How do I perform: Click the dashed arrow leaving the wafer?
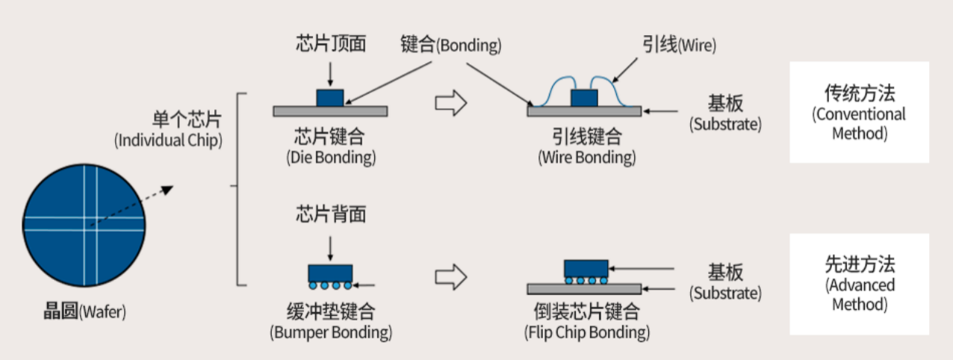coord(131,206)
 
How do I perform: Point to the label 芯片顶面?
coord(330,45)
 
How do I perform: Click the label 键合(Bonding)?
coord(450,45)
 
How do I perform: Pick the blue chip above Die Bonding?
coord(330,98)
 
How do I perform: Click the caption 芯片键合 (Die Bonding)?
coord(330,146)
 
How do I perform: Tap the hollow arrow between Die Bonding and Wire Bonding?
coord(450,105)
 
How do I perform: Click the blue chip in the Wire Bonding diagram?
coord(584,98)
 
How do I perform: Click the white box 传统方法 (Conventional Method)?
coord(859,112)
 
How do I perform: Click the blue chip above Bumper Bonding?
coord(330,271)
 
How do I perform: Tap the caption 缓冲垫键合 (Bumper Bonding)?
coord(330,320)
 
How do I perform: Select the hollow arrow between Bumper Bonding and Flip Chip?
coord(450,278)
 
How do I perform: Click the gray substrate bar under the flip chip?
coord(584,289)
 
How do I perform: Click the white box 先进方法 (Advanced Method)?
coord(859,284)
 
